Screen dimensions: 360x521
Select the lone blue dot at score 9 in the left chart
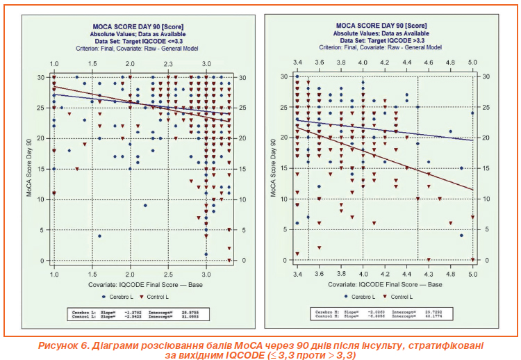coord(145,205)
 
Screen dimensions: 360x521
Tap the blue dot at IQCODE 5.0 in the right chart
coord(472,113)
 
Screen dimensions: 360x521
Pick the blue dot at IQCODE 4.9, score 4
coord(461,236)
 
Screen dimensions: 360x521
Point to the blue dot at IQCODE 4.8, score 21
coord(450,131)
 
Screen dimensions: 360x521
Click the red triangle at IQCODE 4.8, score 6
coord(450,223)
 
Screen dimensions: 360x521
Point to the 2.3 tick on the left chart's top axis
coord(168,64)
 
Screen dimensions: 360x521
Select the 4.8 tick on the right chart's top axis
coord(450,64)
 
